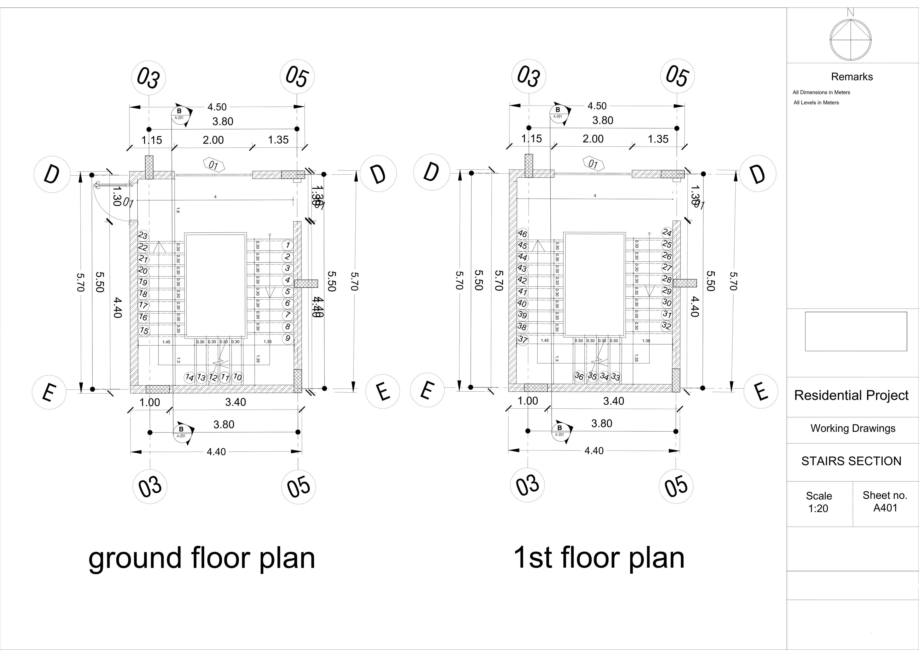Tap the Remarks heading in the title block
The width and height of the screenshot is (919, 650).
852,77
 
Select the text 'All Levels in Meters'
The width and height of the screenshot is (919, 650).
816,102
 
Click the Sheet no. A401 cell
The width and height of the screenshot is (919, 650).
885,501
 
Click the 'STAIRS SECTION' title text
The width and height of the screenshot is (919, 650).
851,461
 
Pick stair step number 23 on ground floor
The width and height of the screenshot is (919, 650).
143,235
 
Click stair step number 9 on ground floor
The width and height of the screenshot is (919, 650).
287,339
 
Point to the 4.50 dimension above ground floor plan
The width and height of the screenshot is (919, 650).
217,107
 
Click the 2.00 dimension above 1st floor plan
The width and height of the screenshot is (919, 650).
593,139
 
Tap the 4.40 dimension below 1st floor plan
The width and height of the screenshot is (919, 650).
594,451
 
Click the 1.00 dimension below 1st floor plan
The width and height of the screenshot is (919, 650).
528,401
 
